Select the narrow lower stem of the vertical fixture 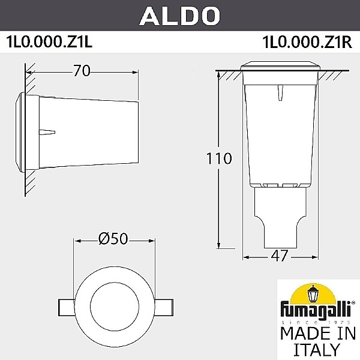[280, 215]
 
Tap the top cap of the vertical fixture [280, 65]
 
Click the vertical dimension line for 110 [220, 198]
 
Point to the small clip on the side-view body [47, 131]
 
